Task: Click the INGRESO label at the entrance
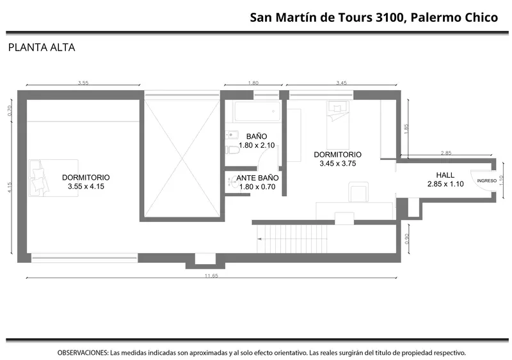tap(486, 180)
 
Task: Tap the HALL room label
tap(445, 175)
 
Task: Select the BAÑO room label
tap(257, 136)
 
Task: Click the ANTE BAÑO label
tap(257, 178)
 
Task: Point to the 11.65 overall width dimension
tap(211, 276)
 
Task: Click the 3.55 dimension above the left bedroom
tap(83, 83)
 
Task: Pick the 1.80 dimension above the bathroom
tap(253, 83)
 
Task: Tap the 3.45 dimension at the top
tap(342, 83)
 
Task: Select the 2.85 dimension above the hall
tap(446, 153)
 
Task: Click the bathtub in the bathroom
tap(257, 111)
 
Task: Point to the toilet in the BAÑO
tap(233, 150)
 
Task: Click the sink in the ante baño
tap(233, 182)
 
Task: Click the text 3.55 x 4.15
tap(86, 186)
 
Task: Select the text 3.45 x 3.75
tap(338, 164)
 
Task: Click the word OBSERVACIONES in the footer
tap(83, 353)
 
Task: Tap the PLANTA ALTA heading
tap(42, 48)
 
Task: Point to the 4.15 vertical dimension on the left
tap(10, 187)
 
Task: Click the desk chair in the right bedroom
tap(358, 192)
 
